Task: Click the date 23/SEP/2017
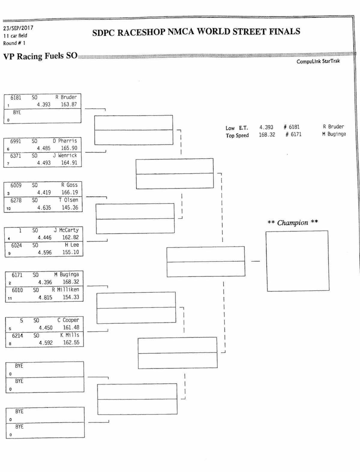(18, 28)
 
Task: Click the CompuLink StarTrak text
(318, 61)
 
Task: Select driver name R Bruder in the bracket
(66, 97)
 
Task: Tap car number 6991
(16, 141)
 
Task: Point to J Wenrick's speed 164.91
(69, 163)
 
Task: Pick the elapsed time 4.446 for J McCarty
(44, 237)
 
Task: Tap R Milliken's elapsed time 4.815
(45, 297)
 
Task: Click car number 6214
(17, 336)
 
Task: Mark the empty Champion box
(297, 261)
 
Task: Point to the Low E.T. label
(237, 128)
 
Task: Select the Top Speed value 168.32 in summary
(267, 135)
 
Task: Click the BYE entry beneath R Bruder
(17, 112)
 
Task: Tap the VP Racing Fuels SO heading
(40, 56)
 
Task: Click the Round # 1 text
(14, 43)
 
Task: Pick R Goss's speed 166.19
(70, 193)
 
